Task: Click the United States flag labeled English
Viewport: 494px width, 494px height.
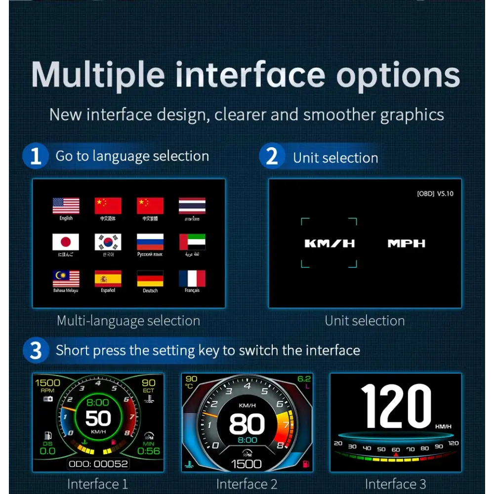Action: click(x=66, y=206)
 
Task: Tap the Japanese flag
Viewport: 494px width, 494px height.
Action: click(x=66, y=242)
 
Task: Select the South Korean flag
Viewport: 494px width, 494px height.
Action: click(x=108, y=242)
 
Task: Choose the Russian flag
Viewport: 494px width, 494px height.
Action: click(x=150, y=242)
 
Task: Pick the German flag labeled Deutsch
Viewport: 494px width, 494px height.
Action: click(x=150, y=279)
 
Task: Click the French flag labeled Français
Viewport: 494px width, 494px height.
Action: click(x=192, y=279)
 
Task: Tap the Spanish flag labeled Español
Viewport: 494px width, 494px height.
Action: click(x=108, y=279)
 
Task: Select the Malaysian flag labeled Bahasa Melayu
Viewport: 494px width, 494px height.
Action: click(x=66, y=279)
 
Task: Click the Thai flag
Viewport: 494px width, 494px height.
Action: click(x=192, y=206)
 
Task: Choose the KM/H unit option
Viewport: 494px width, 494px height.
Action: click(x=329, y=243)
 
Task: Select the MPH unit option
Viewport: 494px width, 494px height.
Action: click(x=406, y=243)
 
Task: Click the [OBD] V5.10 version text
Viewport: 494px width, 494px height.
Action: click(x=435, y=194)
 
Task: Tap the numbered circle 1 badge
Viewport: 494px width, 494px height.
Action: click(x=36, y=156)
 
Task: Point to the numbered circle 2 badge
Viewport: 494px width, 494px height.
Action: click(x=272, y=157)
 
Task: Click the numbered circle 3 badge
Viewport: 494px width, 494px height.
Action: click(x=36, y=350)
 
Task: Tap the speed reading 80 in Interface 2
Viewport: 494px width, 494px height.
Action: click(x=247, y=424)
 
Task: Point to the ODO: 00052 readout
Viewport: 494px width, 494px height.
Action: click(x=98, y=463)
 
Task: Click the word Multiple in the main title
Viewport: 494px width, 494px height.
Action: click(x=98, y=75)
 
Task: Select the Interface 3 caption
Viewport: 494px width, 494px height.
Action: click(x=395, y=484)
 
